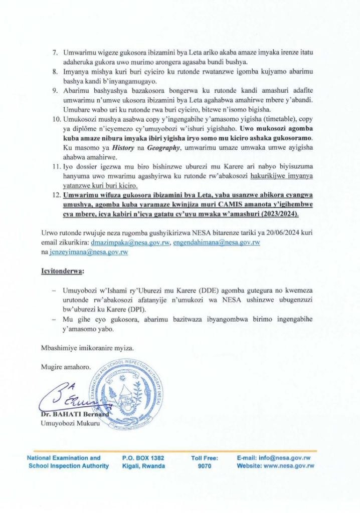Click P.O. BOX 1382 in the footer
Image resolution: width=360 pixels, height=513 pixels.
143,458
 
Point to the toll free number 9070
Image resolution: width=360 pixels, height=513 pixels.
204,466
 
